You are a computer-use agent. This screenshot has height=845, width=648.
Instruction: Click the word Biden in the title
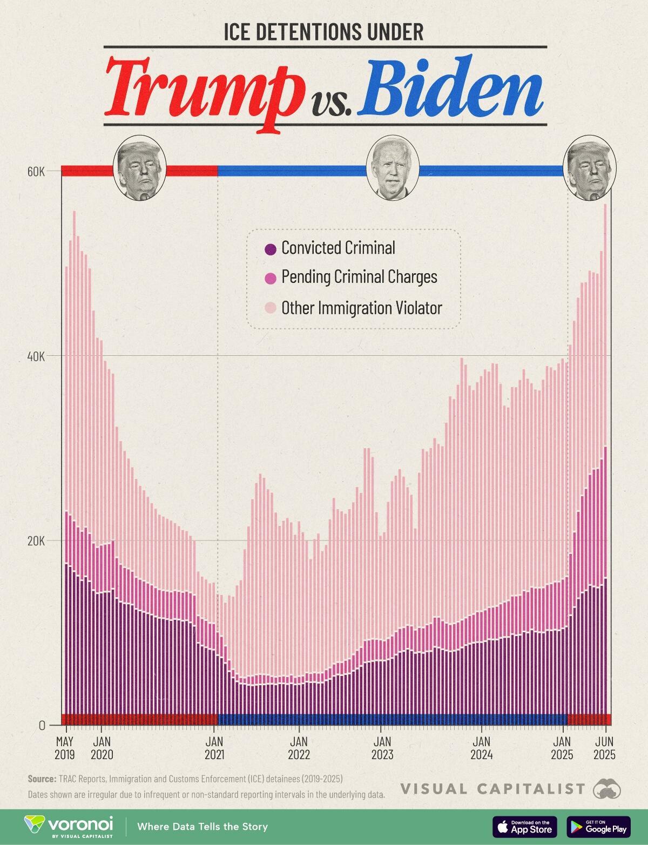[x=453, y=86]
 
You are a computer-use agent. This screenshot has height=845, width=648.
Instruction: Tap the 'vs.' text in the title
[x=331, y=103]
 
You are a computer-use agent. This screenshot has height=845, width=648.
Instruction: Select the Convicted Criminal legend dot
[x=270, y=249]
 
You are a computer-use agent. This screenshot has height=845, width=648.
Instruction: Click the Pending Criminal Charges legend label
[x=359, y=277]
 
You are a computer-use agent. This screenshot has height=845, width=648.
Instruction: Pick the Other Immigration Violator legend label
[x=361, y=308]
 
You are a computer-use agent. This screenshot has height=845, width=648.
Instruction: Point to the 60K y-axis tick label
[x=36, y=172]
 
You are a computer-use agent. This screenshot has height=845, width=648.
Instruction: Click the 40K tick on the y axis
[x=36, y=356]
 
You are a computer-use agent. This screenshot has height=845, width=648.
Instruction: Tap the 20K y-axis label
[x=36, y=540]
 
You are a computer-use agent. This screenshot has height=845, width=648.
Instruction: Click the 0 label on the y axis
[x=42, y=725]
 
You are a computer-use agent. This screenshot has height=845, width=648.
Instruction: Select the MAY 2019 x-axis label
[x=65, y=748]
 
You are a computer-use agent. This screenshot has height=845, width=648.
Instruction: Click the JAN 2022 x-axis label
[x=299, y=748]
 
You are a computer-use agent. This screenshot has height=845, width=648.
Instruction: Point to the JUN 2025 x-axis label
[x=604, y=748]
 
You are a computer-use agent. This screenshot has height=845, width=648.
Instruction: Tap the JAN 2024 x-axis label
[x=481, y=748]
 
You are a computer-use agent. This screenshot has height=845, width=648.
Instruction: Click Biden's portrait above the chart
[x=393, y=168]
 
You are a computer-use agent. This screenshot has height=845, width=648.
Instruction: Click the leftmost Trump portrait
[x=139, y=168]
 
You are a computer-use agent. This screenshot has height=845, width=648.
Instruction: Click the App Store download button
[x=524, y=827]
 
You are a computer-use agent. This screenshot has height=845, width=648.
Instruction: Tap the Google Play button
[x=598, y=827]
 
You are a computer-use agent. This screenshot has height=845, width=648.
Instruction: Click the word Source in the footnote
[x=41, y=779]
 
